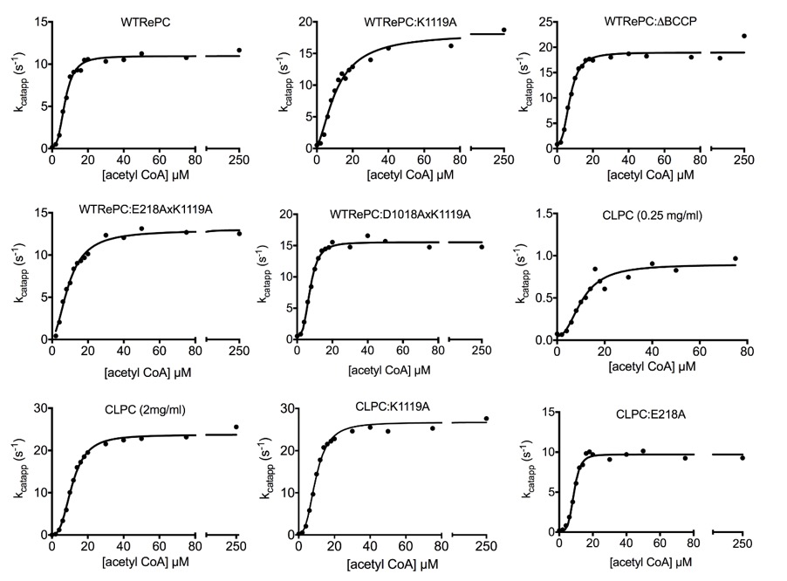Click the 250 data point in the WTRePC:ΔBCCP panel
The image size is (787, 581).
pos(743,36)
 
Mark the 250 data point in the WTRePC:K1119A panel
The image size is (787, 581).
pos(503,31)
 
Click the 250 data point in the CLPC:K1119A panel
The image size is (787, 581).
pos(487,419)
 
